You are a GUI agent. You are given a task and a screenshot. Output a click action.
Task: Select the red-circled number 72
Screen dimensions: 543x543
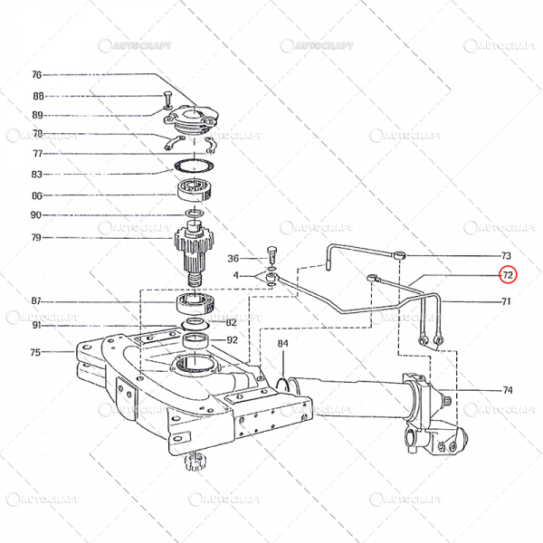pos(508,274)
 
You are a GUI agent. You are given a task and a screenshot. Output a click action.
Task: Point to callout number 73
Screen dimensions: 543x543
pos(506,256)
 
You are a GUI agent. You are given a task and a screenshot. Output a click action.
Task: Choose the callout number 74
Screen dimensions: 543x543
pos(507,390)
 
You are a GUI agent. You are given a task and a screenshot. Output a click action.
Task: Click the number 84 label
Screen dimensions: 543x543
pos(283,344)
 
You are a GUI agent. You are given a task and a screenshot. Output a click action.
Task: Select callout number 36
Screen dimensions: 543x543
pos(233,258)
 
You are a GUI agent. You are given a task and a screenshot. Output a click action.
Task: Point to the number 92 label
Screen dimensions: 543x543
pos(232,341)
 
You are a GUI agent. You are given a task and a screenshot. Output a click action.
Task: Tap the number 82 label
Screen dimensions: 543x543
pos(232,322)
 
